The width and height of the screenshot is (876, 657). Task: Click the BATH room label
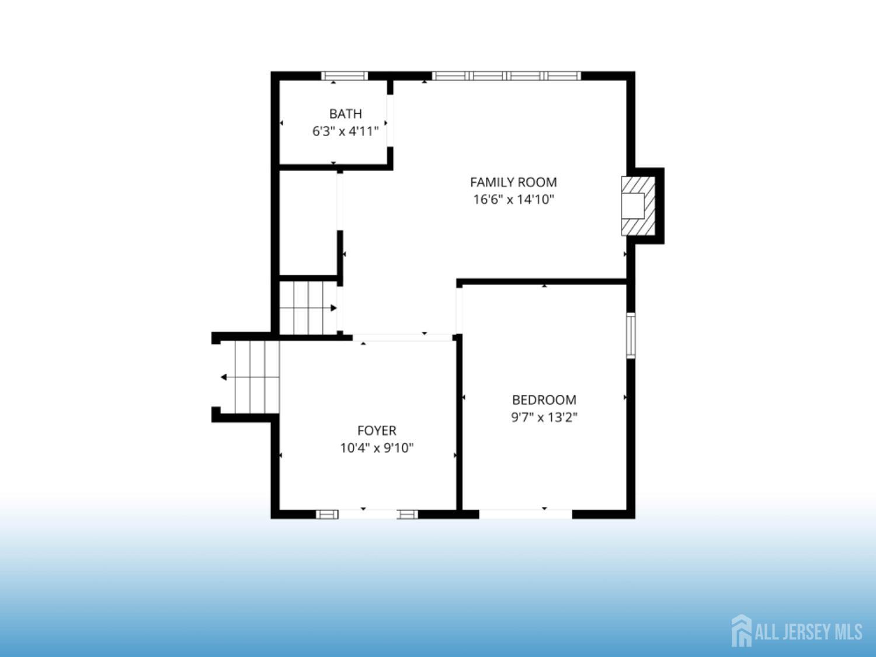346,114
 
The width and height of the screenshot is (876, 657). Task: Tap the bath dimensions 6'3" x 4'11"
345,131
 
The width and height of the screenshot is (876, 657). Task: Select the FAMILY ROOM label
513,182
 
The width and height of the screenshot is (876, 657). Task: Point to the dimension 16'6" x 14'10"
513,200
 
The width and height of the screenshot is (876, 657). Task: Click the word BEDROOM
544,399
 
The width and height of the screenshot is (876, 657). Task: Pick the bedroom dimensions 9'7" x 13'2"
544,417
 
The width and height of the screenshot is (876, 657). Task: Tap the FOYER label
377,431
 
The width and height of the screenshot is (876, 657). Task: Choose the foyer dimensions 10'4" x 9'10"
377,449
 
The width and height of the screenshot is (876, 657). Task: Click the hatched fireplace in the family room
638,206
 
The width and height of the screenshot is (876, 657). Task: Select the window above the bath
345,76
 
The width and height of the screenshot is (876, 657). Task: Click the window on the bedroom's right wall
631,335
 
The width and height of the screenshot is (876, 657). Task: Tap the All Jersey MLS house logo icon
742,631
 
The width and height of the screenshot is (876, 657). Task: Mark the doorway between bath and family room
390,121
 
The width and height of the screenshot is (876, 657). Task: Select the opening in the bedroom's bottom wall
526,514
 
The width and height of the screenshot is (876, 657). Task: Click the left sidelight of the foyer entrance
327,514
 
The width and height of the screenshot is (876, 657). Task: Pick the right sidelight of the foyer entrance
408,514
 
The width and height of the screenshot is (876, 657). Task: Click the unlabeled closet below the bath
308,223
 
